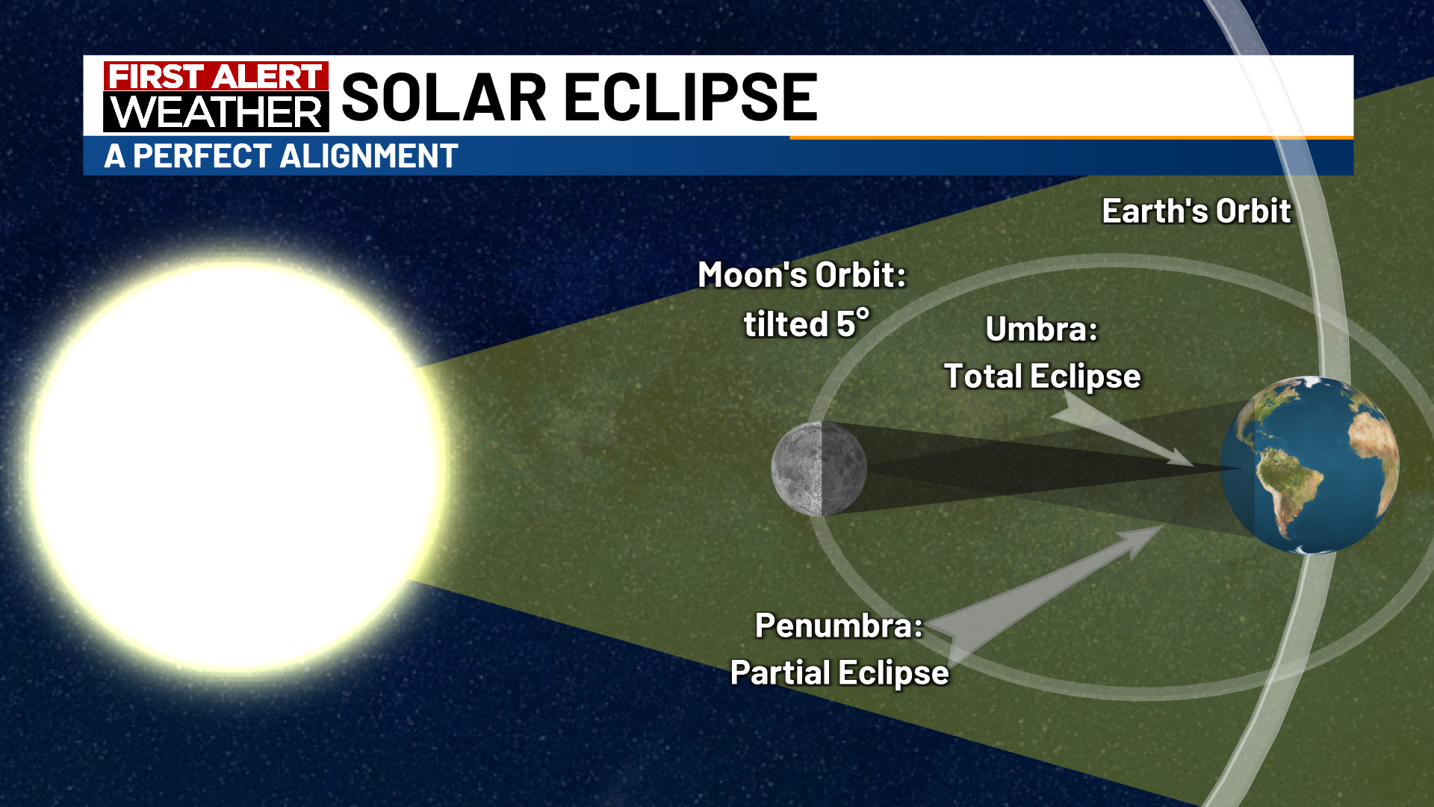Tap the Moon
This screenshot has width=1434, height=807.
tap(819, 469)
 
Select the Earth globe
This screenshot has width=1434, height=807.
tap(1310, 465)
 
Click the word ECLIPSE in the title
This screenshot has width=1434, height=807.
tap(691, 97)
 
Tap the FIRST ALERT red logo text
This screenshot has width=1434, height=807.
tap(216, 76)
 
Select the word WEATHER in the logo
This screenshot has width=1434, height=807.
tap(216, 112)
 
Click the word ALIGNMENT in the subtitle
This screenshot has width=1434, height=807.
tap(370, 156)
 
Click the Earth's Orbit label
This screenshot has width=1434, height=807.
tap(1196, 211)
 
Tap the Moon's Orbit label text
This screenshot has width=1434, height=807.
tap(802, 275)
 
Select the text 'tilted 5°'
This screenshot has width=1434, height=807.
tap(807, 324)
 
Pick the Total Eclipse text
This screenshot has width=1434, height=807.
tap(1043, 377)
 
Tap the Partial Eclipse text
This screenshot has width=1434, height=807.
tap(839, 673)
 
